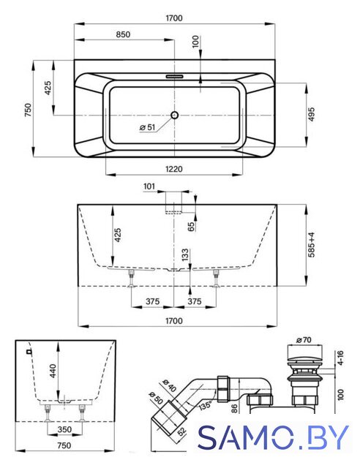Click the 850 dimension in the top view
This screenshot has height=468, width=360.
123,34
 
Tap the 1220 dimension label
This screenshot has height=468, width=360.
174,169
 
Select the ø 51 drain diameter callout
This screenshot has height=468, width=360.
148,127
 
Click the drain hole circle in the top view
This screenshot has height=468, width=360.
174,115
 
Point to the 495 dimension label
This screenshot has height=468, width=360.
311,114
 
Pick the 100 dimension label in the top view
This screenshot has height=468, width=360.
195,42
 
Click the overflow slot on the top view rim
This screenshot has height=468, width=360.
174,76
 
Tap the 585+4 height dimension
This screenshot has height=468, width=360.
311,245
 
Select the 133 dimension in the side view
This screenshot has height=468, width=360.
185,254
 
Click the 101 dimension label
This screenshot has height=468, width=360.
149,186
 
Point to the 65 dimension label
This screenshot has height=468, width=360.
191,226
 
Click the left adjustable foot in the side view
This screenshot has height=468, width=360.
131,279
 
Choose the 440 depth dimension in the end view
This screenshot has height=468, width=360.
53,371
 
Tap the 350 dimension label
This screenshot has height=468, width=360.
64,429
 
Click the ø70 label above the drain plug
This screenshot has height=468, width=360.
304,339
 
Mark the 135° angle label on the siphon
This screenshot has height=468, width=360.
206,404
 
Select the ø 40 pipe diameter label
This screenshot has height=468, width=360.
169,385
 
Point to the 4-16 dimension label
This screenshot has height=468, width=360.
340,358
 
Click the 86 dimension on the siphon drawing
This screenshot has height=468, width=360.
235,408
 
